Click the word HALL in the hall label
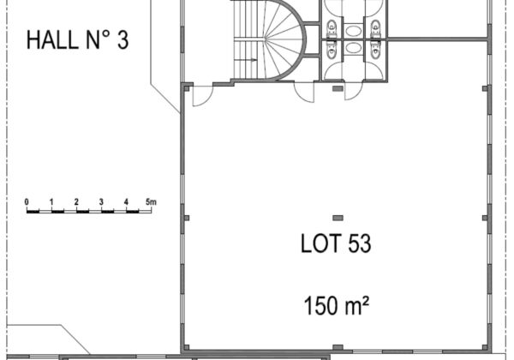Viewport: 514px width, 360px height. coord(52,40)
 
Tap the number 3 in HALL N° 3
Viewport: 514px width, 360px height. coord(123,40)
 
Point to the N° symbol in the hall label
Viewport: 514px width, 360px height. coord(98,40)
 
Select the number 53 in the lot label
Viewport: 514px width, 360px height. coord(360,243)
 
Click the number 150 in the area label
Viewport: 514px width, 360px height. coord(321,306)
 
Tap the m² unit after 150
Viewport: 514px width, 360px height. coord(357,305)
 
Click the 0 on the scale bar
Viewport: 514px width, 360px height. coord(27,202)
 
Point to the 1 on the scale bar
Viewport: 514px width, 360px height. coord(51,202)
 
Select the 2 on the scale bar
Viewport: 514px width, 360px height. coord(76,202)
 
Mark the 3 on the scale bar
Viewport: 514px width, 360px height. coord(101,202)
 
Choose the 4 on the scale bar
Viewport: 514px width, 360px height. coord(126,202)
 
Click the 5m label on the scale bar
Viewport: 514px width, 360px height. coord(151,202)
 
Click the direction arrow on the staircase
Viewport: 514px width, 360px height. coord(246,60)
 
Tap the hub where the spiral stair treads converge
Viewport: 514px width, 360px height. coord(265,39)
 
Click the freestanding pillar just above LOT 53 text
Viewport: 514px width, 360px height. coord(338,218)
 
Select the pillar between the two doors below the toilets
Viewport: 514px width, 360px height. coord(338,88)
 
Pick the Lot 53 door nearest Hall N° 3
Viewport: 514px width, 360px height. coord(202,96)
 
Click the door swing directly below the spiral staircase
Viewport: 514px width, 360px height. coord(304,92)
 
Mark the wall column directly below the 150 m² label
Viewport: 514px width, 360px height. coord(338,347)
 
